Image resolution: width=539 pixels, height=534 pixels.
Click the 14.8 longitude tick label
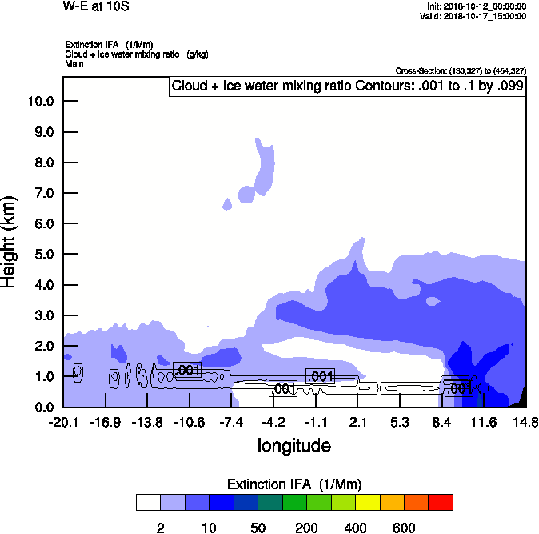coord(525,422)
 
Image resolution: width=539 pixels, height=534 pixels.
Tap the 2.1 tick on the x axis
coord(357,422)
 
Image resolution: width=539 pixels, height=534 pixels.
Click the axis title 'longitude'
coord(293,445)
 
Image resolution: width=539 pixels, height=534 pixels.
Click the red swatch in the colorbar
coord(441,503)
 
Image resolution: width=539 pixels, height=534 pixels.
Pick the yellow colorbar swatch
coord(368,503)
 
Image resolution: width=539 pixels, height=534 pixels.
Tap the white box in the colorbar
coord(148,503)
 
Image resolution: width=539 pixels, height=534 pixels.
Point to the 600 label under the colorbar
coord(404,528)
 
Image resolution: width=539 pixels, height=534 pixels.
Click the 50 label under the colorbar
coord(258,528)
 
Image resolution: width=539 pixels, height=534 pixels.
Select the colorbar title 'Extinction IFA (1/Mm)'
coord(294,484)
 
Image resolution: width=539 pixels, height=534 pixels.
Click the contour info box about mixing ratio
coord(347,86)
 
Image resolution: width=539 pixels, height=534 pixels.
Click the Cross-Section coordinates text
coord(461,71)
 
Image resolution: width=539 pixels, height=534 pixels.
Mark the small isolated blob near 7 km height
coord(228,203)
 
